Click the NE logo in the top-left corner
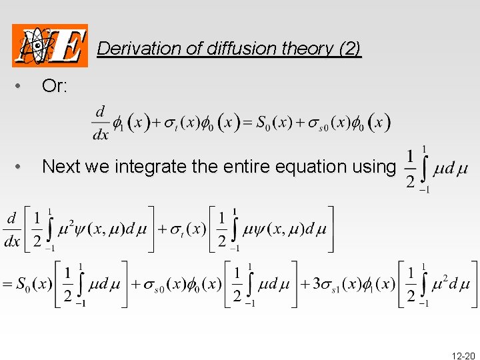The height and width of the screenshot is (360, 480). (50, 45)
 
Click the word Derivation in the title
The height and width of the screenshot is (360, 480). (129, 49)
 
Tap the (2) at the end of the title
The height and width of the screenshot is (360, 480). (350, 49)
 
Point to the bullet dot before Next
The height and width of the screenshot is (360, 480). (22, 167)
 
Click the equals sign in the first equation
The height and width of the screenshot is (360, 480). (245, 123)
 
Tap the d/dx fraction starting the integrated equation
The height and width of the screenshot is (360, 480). (12, 229)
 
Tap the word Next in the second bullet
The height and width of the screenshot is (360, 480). (60, 167)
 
